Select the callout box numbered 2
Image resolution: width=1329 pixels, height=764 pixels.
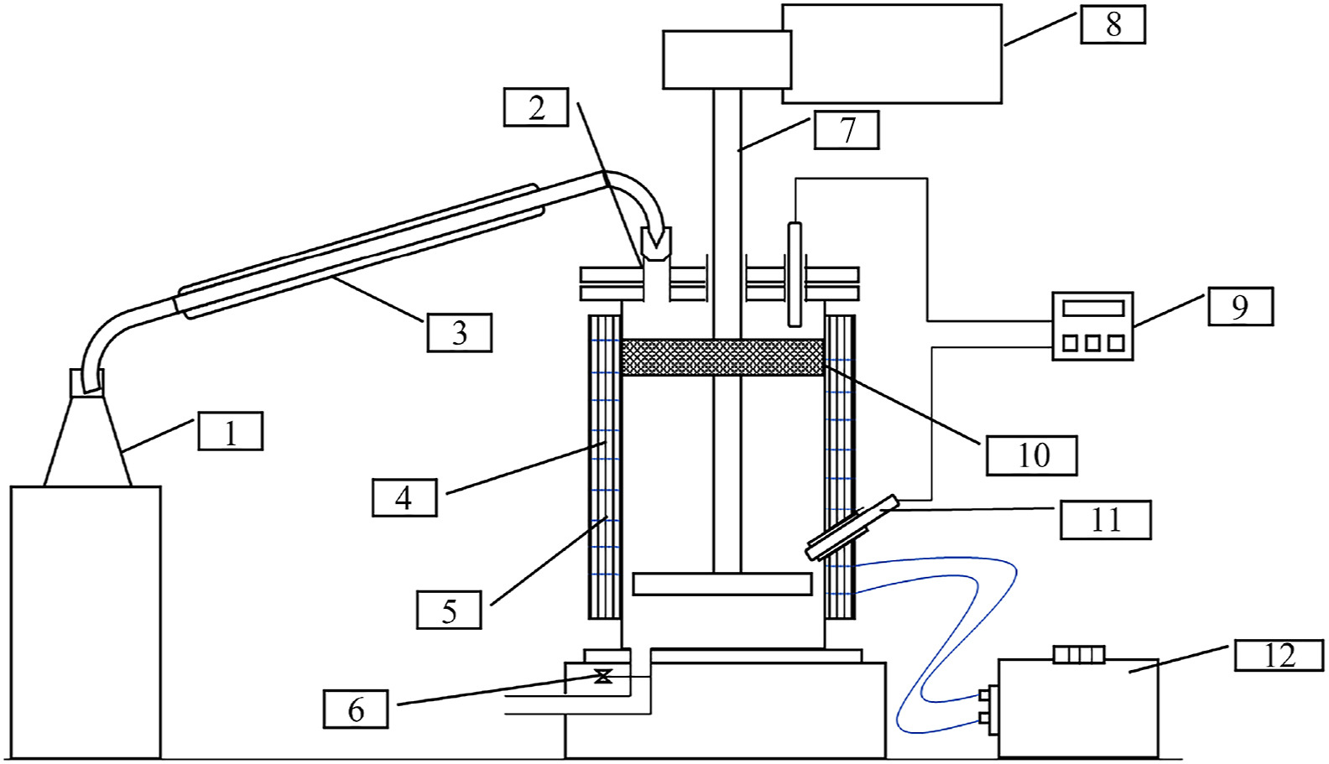(536, 107)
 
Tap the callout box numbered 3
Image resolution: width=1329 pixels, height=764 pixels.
(460, 333)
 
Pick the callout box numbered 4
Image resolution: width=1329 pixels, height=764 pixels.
(404, 497)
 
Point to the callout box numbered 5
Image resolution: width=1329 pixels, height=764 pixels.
(449, 610)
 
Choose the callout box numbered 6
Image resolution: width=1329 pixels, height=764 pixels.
(356, 709)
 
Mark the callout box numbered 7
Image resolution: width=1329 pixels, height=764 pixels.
(847, 129)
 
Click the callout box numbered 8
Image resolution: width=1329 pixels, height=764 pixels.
(1113, 25)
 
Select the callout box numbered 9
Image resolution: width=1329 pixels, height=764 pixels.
(1241, 306)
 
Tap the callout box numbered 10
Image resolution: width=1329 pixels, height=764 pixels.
(1032, 455)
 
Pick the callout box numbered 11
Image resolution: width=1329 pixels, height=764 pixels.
(1106, 520)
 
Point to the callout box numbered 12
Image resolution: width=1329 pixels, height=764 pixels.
(1279, 655)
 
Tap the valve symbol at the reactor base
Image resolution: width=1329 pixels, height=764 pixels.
(604, 676)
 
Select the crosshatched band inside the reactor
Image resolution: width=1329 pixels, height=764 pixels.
(722, 357)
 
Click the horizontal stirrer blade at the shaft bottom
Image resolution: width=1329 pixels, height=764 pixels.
(722, 584)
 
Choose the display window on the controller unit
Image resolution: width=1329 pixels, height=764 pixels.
(1093, 309)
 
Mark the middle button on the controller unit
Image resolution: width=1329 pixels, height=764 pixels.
(1093, 344)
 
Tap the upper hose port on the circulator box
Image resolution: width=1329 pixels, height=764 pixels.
(985, 694)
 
